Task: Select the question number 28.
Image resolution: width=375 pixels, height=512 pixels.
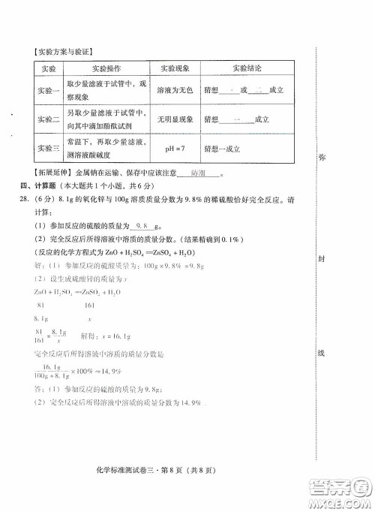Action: click(x=25, y=198)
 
